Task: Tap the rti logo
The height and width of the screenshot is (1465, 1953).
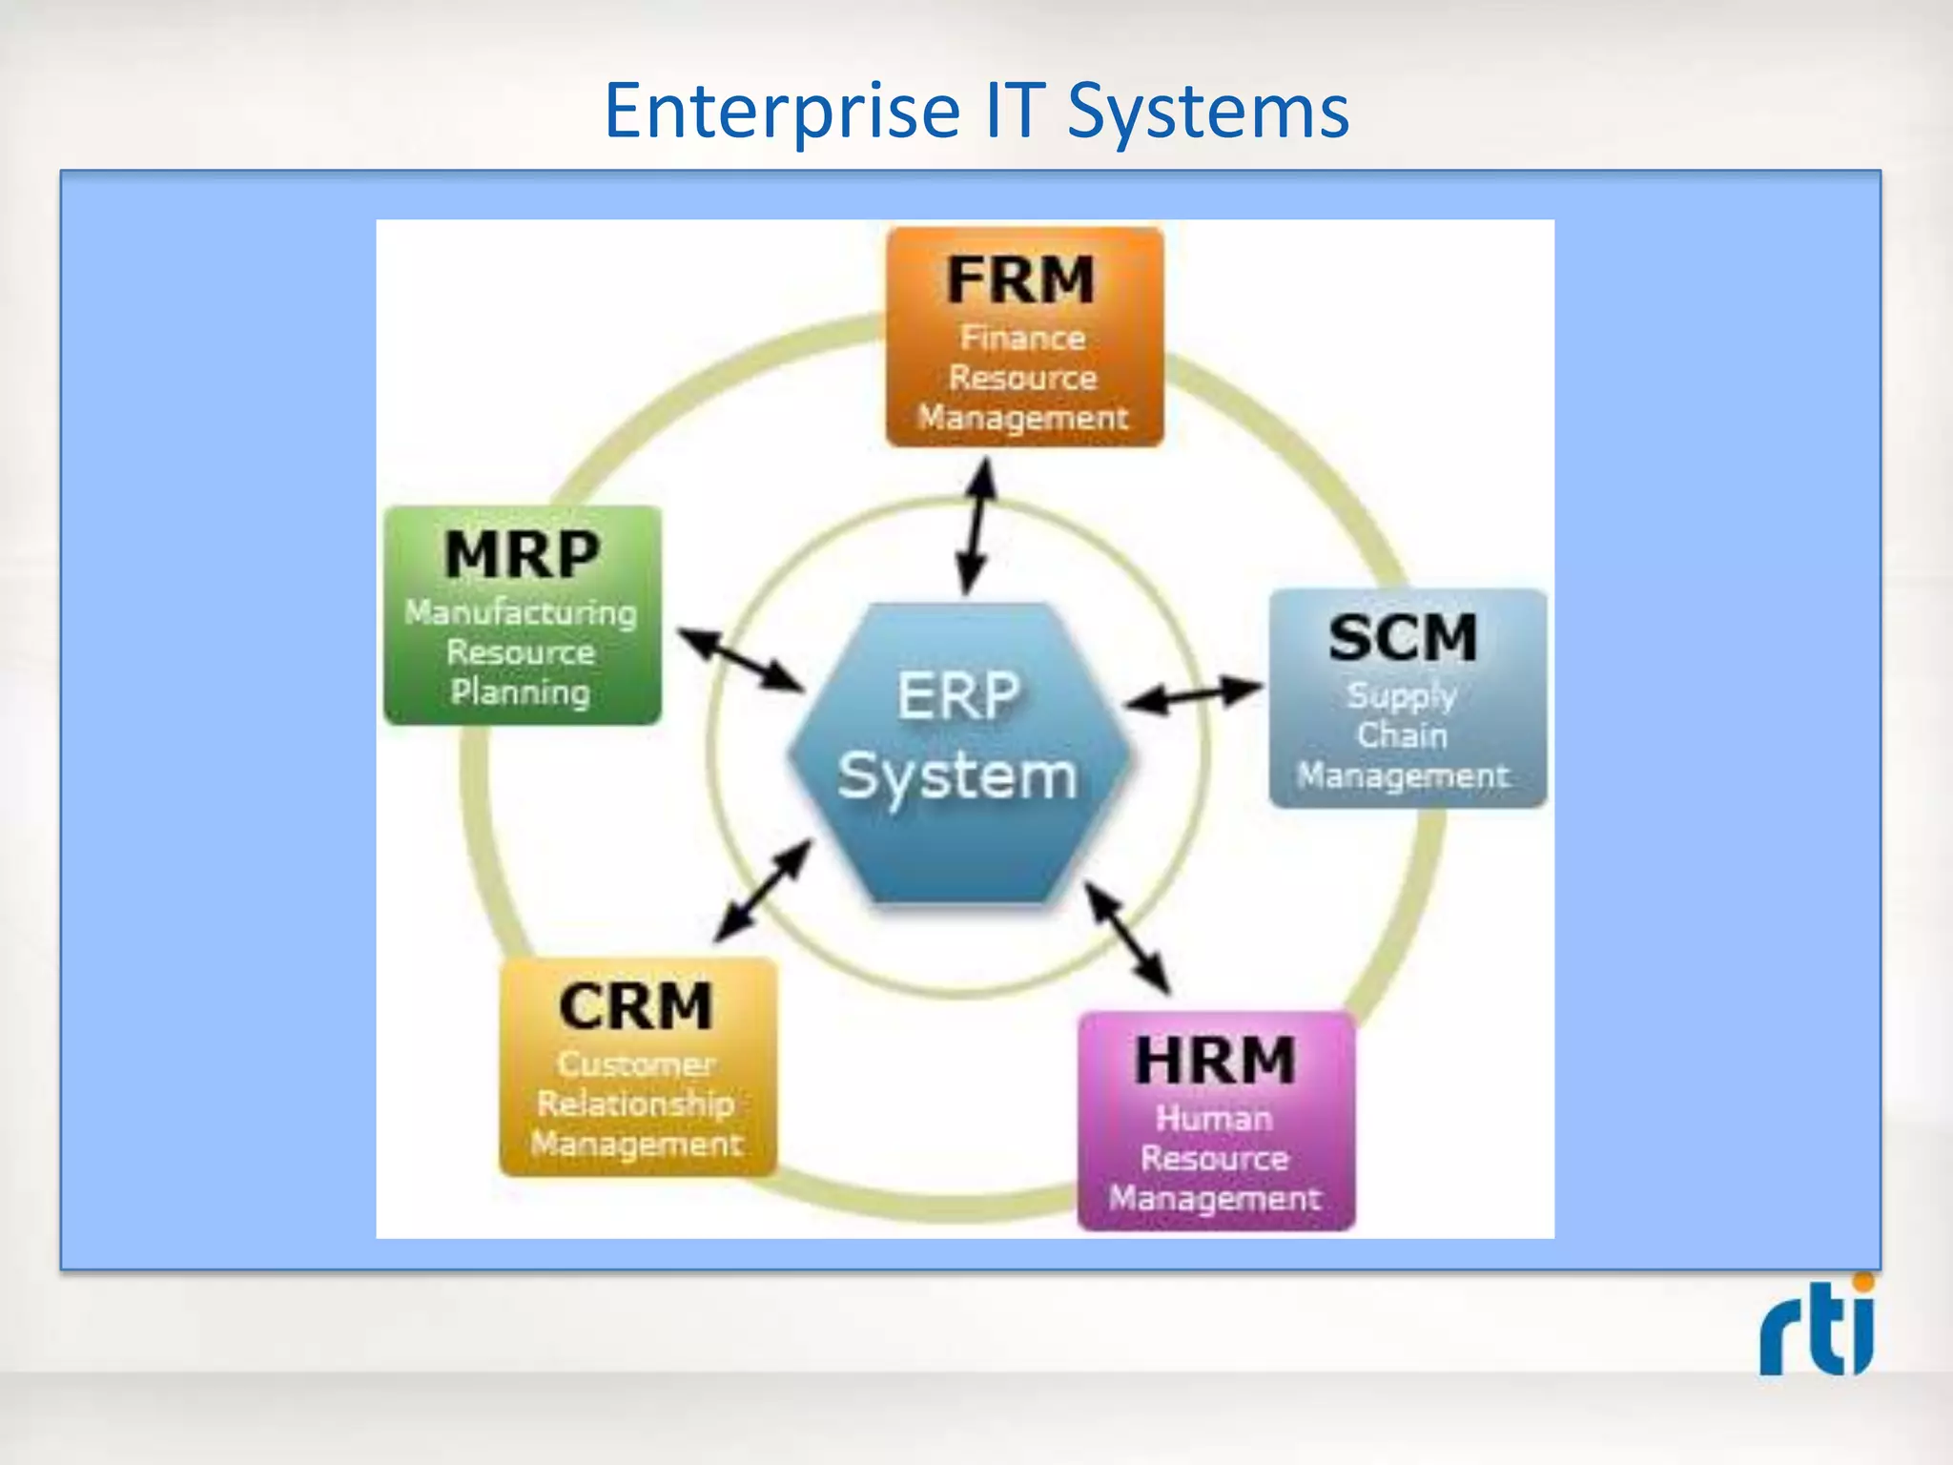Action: [x=1818, y=1328]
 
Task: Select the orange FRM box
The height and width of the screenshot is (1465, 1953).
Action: [x=1024, y=337]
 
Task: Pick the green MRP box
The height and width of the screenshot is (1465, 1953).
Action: [x=522, y=615]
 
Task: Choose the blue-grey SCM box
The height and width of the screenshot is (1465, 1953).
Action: [x=1407, y=698]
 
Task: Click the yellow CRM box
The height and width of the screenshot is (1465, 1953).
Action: [x=638, y=1066]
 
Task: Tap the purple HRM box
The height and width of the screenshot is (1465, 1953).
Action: [x=1216, y=1121]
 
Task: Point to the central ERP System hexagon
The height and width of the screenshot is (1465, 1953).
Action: [x=958, y=753]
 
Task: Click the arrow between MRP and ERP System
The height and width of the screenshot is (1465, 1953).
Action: [x=740, y=659]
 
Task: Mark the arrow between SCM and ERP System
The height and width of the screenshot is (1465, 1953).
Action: [x=1194, y=695]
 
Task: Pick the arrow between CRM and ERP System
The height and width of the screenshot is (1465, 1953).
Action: [x=763, y=891]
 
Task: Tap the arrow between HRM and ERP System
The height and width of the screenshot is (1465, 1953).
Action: [x=1127, y=939]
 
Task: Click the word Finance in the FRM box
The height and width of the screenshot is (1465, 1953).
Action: [x=1022, y=338]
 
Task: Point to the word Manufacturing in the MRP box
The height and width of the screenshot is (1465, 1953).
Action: [x=521, y=612]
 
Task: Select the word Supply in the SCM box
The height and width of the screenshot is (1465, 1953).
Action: [x=1402, y=695]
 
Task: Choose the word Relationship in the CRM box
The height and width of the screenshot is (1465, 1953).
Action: [x=636, y=1104]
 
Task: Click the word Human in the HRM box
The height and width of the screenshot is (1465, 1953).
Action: [x=1214, y=1118]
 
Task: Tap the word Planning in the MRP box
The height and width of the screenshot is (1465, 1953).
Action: [x=521, y=692]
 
